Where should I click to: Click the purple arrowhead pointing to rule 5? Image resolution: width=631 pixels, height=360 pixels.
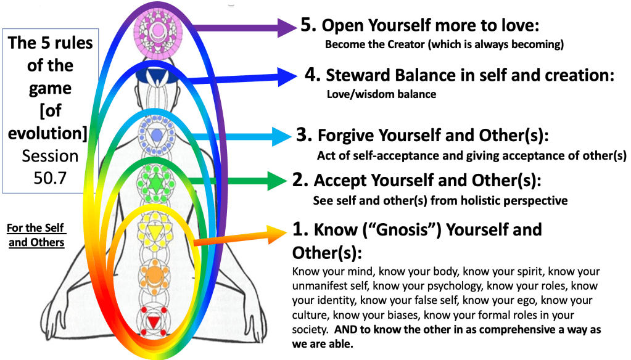tap(287, 28)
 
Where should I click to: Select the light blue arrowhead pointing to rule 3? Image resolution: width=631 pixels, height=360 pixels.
tap(282, 136)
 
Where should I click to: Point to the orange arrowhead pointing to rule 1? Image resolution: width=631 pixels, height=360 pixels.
tap(278, 234)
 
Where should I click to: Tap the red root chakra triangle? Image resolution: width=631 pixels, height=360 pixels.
tap(154, 322)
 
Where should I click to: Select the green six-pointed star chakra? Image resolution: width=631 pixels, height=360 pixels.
tap(155, 184)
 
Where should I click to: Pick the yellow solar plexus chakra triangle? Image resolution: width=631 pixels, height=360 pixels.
tap(155, 231)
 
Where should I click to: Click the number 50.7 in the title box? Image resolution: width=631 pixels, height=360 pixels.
tap(50, 178)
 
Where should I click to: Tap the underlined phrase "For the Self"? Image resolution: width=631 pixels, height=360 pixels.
tap(35, 228)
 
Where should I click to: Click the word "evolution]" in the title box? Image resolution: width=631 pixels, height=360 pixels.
tap(47, 133)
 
